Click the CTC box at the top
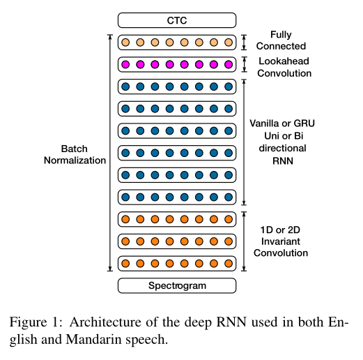pyautogui.click(x=176, y=21)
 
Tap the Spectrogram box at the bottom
pyautogui.click(x=176, y=285)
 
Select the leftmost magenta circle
pyautogui.click(x=125, y=64)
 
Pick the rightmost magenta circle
pyautogui.click(x=229, y=64)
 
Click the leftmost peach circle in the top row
pyautogui.click(x=125, y=43)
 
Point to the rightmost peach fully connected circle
pyautogui.click(x=229, y=43)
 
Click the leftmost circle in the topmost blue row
pyautogui.click(x=125, y=87)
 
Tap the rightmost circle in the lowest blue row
pyautogui.click(x=229, y=197)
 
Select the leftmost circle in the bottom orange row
pyautogui.click(x=125, y=263)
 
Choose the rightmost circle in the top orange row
pyautogui.click(x=229, y=219)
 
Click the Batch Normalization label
pyautogui.click(x=75, y=154)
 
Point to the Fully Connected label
pyautogui.click(x=281, y=40)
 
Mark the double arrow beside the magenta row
pyautogui.click(x=244, y=64)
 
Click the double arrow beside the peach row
pyautogui.click(x=244, y=43)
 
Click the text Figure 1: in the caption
pyautogui.click(x=31, y=323)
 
